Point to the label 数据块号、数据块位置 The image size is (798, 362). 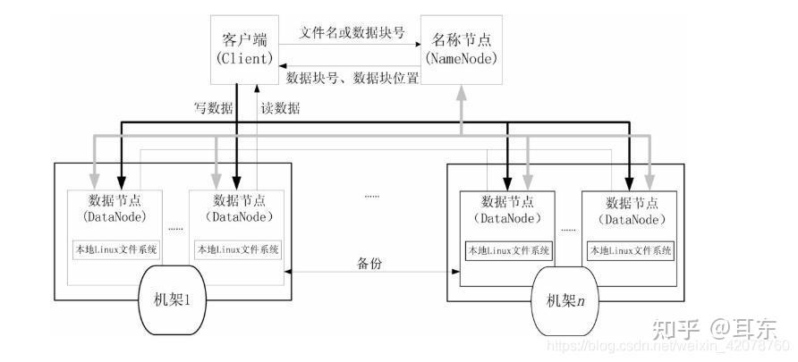352,79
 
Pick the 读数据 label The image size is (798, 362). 280,108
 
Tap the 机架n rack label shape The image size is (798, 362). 561,299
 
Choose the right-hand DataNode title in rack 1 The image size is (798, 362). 237,207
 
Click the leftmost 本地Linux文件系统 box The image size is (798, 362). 115,248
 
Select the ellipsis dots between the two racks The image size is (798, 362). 371,195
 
